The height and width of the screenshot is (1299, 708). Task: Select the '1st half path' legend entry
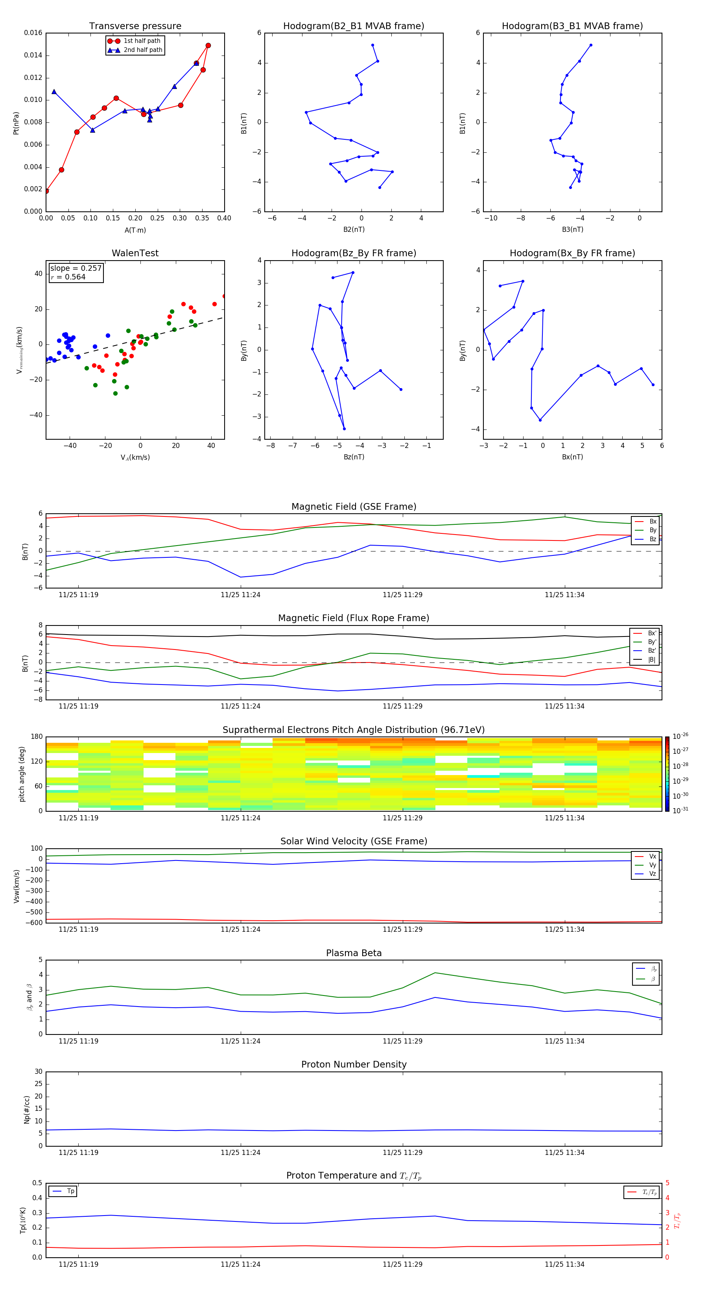(x=142, y=41)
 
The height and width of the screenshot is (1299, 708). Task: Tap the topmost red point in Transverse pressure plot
(x=208, y=45)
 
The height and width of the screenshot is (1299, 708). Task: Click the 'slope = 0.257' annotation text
(x=76, y=268)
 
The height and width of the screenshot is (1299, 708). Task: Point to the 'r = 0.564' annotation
(x=68, y=277)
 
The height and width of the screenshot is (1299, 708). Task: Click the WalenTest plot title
(x=135, y=253)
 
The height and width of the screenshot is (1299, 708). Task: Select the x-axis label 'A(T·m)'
(x=135, y=230)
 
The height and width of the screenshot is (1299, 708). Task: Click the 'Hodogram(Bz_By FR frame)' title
(x=354, y=253)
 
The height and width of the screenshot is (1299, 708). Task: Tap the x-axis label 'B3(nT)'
(x=572, y=229)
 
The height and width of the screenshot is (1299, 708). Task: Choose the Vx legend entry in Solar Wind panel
(x=652, y=856)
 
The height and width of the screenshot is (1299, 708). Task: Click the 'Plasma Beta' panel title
(x=354, y=953)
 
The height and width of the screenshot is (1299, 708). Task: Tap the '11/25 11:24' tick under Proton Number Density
(x=240, y=1152)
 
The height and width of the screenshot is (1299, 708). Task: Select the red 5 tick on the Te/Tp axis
(x=667, y=1183)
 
